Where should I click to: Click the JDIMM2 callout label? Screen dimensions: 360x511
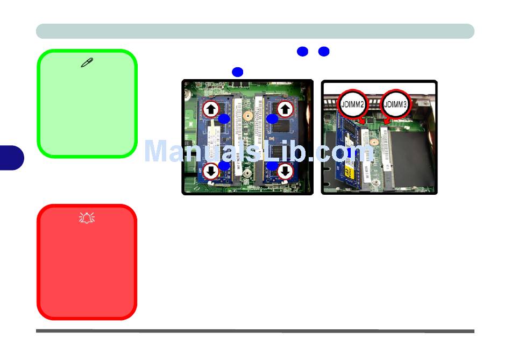[x=353, y=104]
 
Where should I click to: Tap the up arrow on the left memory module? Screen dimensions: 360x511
[x=211, y=109]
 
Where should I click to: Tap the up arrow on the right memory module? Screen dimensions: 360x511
[x=285, y=109]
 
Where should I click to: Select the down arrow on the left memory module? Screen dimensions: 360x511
[x=211, y=171]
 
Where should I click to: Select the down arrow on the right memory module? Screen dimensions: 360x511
[x=285, y=171]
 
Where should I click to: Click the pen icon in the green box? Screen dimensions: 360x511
[x=87, y=63]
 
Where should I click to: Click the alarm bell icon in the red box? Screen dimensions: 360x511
[x=87, y=217]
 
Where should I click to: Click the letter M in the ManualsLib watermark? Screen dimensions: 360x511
[x=158, y=151]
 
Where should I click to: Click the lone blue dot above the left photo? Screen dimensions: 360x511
[x=238, y=72]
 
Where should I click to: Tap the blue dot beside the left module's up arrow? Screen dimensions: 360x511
[x=224, y=118]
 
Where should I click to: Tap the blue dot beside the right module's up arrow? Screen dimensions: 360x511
[x=272, y=118]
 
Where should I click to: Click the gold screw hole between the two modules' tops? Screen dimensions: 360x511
[x=248, y=115]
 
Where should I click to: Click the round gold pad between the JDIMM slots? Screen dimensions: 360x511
[x=373, y=145]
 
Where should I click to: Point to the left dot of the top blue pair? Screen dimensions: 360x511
[x=302, y=52]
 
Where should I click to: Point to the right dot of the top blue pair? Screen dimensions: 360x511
[x=323, y=52]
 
